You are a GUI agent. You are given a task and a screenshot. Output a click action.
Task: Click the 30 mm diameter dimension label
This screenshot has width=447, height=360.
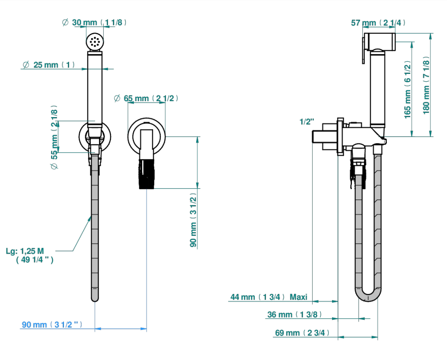pyautogui.click(x=94, y=22)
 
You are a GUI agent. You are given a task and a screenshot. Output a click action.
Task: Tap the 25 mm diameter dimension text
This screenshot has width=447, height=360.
pyautogui.click(x=48, y=65)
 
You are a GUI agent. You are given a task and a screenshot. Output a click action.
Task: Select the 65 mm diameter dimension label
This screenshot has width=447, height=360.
pyautogui.click(x=146, y=99)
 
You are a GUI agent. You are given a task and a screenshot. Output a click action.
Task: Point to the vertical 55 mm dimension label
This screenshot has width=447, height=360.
pyautogui.click(x=54, y=137)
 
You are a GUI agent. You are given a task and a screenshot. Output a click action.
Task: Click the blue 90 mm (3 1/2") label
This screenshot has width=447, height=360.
pyautogui.click(x=52, y=325)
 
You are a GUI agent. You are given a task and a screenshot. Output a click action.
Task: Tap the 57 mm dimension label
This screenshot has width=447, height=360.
pyautogui.click(x=378, y=22)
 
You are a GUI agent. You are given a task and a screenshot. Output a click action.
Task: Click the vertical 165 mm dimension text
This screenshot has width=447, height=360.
pyautogui.click(x=408, y=89)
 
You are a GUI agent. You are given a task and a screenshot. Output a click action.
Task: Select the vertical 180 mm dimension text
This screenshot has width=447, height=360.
pyautogui.click(x=426, y=85)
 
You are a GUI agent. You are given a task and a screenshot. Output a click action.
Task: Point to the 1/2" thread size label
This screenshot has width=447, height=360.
pyautogui.click(x=307, y=122)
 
